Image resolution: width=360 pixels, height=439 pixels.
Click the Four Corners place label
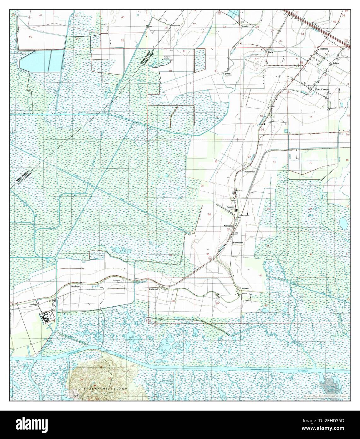(322, 90)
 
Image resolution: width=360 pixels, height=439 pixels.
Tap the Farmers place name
(324, 49)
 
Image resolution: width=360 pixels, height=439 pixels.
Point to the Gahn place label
(270, 52)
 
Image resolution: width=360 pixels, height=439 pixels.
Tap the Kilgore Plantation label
(228, 74)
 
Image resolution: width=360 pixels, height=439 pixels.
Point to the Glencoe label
(228, 226)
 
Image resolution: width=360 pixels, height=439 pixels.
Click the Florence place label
(75, 286)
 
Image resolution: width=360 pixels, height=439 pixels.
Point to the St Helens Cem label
(118, 281)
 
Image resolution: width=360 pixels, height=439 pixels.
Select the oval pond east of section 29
(343, 223)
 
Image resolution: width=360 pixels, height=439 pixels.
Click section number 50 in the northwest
(30, 37)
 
